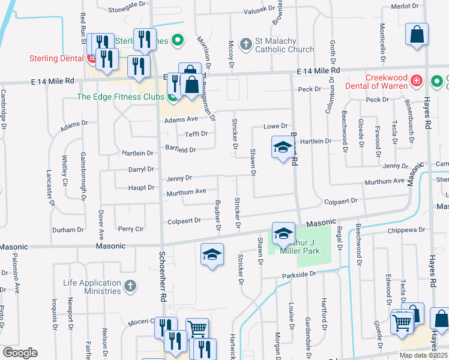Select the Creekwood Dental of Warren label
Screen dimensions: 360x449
pyautogui.click(x=386, y=82)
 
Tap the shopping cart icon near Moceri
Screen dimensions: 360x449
pyautogui.click(x=197, y=329)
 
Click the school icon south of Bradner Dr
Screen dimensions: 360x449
pyautogui.click(x=212, y=255)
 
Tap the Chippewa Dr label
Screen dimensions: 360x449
pyautogui.click(x=409, y=229)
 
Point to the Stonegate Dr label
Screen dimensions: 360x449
pyautogui.click(x=127, y=10)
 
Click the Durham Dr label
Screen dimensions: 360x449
pyautogui.click(x=68, y=230)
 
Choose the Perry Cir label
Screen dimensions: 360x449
pyautogui.click(x=130, y=229)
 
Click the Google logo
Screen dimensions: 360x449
pyautogui.click(x=20, y=352)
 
